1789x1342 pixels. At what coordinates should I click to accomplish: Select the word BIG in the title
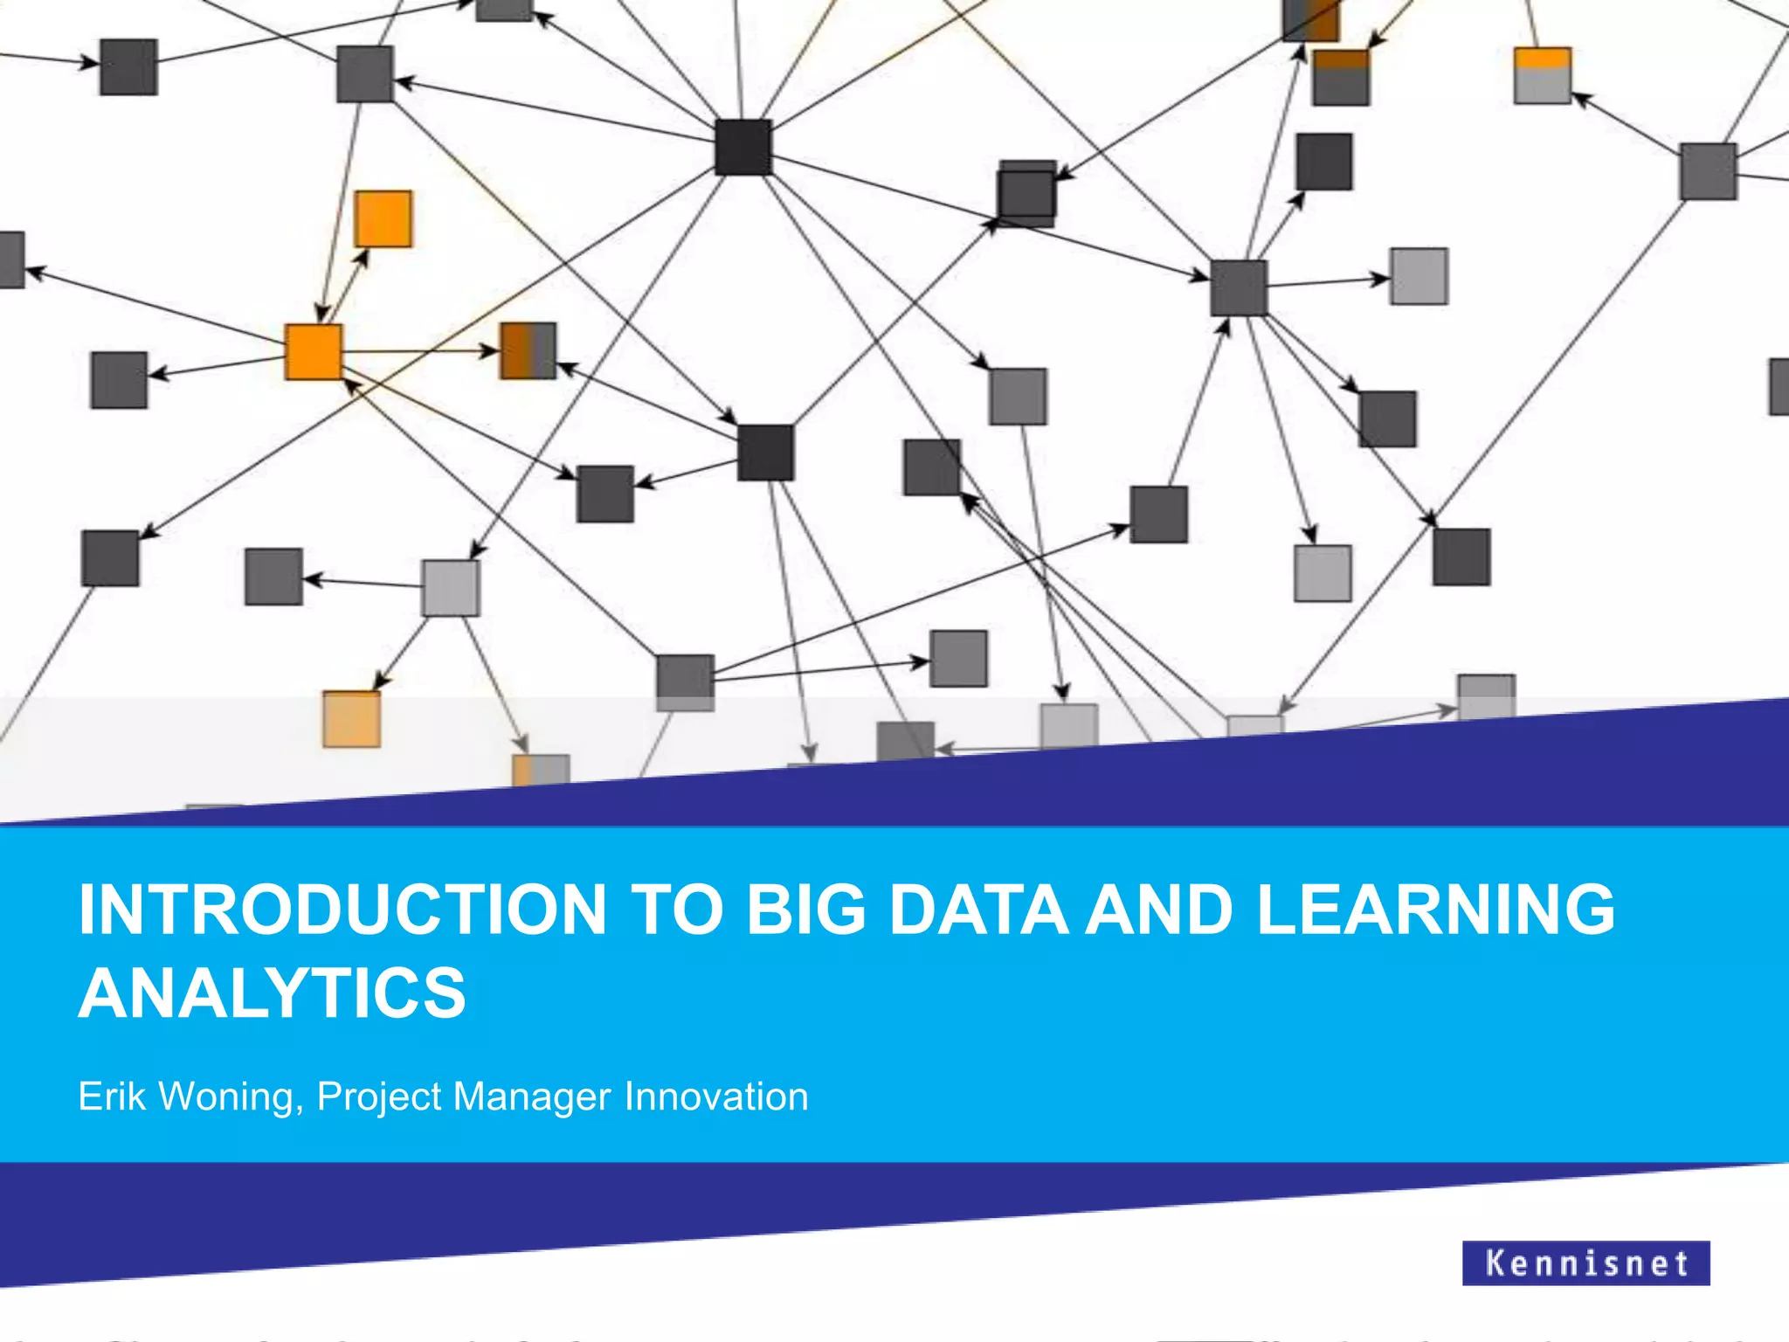tap(805, 910)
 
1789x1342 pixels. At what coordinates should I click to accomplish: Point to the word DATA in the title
tap(978, 910)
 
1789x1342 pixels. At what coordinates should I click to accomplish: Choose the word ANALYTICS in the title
tap(273, 993)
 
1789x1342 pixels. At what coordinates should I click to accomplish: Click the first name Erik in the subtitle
tap(112, 1096)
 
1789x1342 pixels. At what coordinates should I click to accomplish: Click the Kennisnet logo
tap(1585, 1262)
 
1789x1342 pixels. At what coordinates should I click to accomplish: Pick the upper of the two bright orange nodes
tap(383, 218)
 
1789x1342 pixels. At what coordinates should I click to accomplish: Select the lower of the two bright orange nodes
tap(314, 351)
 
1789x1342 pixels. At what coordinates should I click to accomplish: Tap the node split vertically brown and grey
tap(528, 350)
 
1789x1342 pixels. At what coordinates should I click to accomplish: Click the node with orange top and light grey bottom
tap(1542, 76)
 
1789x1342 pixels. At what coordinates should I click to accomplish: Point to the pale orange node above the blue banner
tap(351, 719)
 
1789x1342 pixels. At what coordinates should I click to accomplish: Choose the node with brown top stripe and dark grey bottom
tap(1341, 78)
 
